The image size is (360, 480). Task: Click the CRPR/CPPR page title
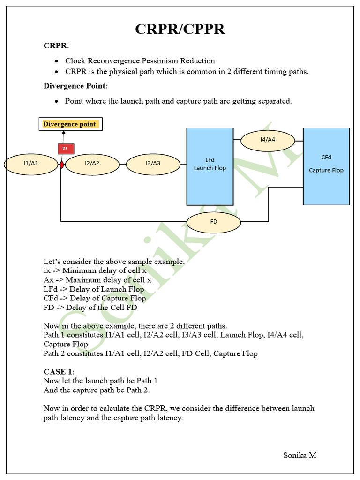point(180,29)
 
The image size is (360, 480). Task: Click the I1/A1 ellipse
point(31,164)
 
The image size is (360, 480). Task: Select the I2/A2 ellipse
point(92,164)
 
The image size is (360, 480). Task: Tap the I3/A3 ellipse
point(153,164)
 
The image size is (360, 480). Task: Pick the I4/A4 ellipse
point(267,140)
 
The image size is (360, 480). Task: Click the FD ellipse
point(214,222)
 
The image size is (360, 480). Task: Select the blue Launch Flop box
point(210,166)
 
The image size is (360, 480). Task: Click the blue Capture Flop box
point(326,166)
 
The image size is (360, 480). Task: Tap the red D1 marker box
point(66,149)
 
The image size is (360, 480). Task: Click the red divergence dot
point(61,165)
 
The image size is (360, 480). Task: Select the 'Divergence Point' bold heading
point(75,86)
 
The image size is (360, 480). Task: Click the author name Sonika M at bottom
point(300,455)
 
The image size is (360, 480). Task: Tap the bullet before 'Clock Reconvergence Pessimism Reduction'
point(56,61)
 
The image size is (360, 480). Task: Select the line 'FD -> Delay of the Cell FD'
point(90,307)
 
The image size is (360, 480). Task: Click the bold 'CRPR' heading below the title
point(55,46)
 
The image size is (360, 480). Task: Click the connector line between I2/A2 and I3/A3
point(123,165)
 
